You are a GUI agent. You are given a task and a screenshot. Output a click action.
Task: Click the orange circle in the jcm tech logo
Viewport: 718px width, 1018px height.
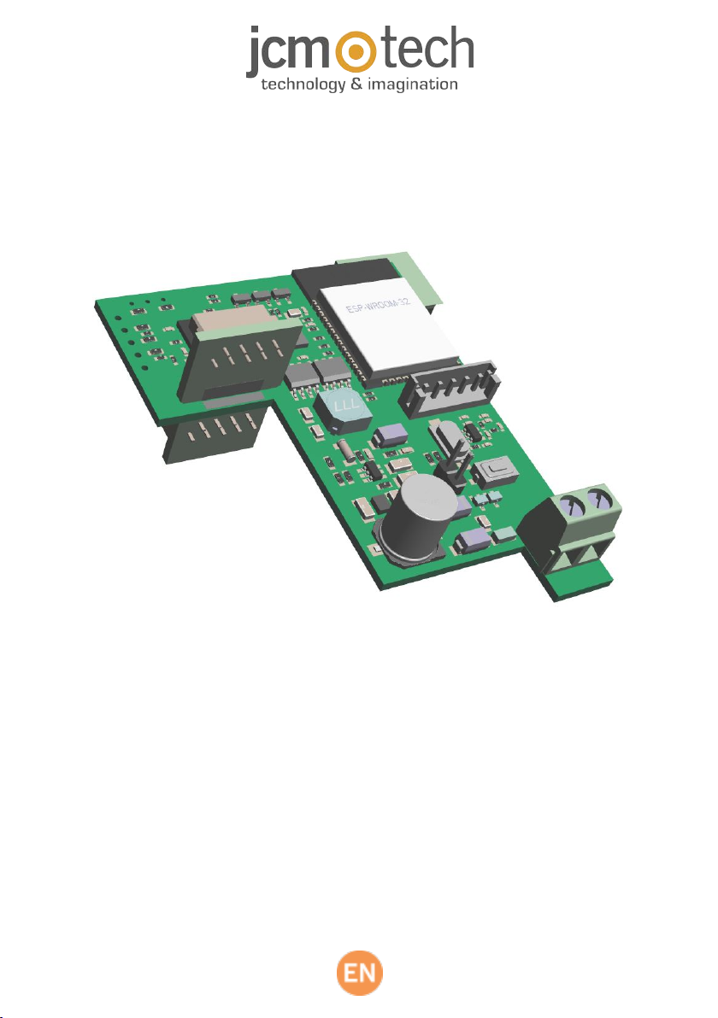(x=354, y=50)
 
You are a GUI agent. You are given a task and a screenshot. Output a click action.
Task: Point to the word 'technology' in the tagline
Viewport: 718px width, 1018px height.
(x=303, y=85)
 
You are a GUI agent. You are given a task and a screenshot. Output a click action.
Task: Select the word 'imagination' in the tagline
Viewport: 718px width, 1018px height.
(x=413, y=85)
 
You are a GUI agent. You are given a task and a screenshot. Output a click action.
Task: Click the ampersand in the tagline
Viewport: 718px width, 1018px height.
(x=356, y=84)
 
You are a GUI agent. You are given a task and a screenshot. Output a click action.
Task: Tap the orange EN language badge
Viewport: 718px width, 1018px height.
(x=359, y=973)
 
